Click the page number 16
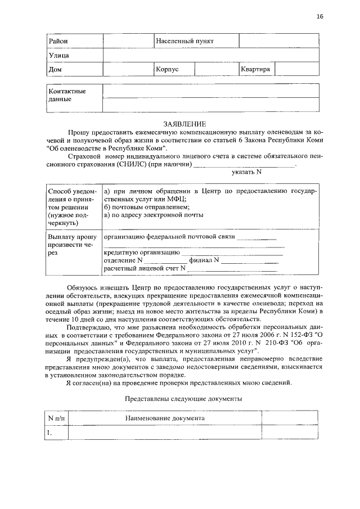[319, 16]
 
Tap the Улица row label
[58, 55]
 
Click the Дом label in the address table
[55, 69]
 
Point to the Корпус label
[168, 69]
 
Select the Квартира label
[255, 69]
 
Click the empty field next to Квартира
[297, 69]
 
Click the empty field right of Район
[128, 41]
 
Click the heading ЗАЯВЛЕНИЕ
[184, 124]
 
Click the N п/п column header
[56, 419]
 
